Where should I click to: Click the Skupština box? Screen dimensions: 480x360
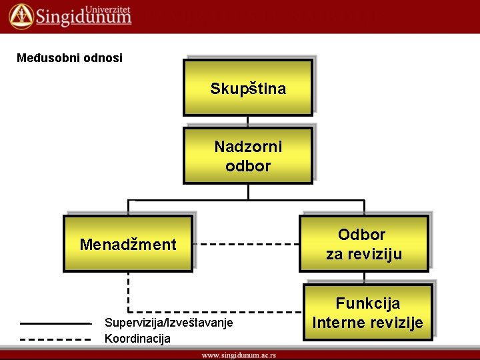tap(248, 87)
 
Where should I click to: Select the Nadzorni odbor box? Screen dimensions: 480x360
tap(248, 156)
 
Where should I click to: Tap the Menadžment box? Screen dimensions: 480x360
tap(128, 244)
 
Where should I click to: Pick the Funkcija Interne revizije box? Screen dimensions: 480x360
tap(367, 313)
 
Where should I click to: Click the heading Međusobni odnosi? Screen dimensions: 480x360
tap(69, 58)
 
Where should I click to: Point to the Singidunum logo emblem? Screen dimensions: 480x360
tap(20, 15)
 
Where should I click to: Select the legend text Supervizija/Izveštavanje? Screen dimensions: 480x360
tap(169, 323)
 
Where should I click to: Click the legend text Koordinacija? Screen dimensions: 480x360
tap(137, 339)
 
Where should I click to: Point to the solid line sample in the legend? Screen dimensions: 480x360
tap(55, 323)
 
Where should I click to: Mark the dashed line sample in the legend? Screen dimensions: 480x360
tap(55, 339)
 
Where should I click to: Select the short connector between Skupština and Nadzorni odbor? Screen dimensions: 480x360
tap(248, 121)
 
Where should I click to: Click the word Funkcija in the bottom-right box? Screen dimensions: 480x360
tap(367, 303)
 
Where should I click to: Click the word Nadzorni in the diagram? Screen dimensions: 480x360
tap(248, 147)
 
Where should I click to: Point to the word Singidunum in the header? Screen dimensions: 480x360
tap(83, 18)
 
